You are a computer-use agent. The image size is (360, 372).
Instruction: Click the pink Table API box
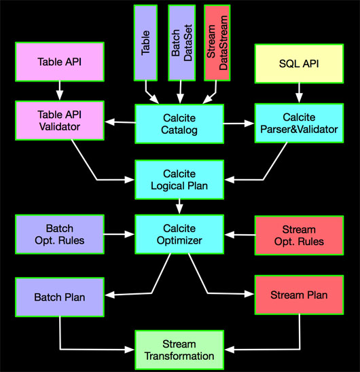click(x=60, y=62)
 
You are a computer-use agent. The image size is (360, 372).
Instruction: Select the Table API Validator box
click(x=60, y=121)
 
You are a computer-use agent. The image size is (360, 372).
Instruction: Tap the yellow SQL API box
click(x=299, y=64)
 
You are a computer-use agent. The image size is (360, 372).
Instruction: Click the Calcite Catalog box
click(x=179, y=124)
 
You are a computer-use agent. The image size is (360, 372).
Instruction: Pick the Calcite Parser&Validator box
click(x=299, y=123)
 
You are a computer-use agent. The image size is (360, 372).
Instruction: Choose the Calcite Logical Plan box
click(x=179, y=180)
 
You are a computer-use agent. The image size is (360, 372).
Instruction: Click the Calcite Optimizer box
click(x=179, y=234)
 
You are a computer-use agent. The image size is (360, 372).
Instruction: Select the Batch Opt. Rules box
click(x=60, y=234)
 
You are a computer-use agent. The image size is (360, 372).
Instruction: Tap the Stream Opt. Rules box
click(x=299, y=236)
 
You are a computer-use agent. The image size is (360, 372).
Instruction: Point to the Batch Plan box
click(x=60, y=297)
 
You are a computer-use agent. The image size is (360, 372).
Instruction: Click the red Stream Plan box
click(x=299, y=295)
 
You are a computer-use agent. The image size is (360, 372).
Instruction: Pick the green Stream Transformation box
click(x=179, y=350)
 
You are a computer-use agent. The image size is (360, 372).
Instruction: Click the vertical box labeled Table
click(x=145, y=43)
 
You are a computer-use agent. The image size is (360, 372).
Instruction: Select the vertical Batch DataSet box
click(x=181, y=43)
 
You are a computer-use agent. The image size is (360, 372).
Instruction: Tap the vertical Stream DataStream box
click(x=217, y=43)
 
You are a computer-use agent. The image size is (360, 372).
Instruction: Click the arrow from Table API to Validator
click(x=60, y=90)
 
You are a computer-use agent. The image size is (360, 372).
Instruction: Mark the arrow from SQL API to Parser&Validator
click(x=299, y=93)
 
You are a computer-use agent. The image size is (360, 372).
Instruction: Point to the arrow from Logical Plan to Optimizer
click(x=179, y=206)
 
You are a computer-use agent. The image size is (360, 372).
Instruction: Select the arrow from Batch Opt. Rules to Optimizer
click(x=119, y=234)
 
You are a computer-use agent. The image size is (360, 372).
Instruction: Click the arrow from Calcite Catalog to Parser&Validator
click(x=238, y=124)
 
